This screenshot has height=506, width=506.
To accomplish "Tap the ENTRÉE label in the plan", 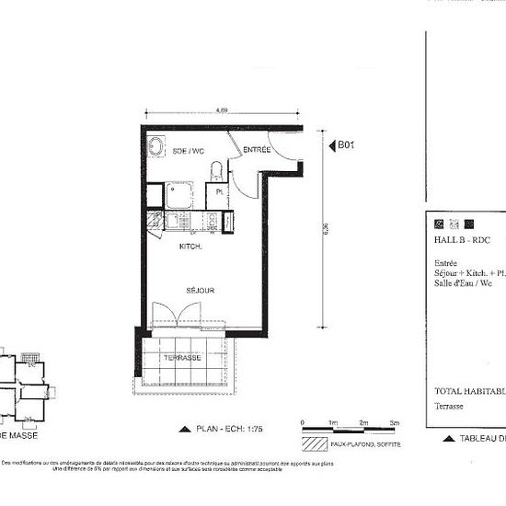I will coord(257,150).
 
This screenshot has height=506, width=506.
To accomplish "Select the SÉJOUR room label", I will coord(201,291).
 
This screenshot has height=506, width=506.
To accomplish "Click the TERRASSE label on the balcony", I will coord(182,357).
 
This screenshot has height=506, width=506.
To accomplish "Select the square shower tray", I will coord(178,193).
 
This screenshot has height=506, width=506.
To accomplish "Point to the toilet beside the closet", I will coord(215,171).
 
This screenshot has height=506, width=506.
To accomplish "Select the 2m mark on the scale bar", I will coord(364,421).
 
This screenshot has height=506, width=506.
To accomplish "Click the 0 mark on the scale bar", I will coord(303,421).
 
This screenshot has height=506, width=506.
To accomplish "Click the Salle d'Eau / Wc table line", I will coord(464,284).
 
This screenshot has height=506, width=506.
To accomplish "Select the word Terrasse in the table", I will coord(450,405).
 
